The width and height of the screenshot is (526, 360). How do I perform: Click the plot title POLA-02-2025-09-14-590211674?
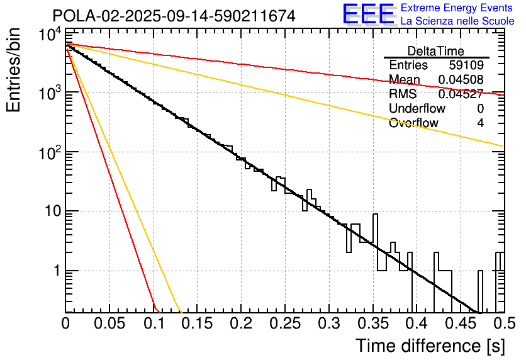tap(174, 16)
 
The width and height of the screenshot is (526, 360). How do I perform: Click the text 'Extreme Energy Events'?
tap(457, 8)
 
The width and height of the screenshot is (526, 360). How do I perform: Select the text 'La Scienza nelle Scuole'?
tap(457, 21)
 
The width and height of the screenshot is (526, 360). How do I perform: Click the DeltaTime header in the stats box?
tap(436, 51)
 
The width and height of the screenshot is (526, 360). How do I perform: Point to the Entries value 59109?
tap(466, 65)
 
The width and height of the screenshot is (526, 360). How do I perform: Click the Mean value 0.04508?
tap(461, 79)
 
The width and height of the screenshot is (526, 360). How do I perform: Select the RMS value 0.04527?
tap(461, 94)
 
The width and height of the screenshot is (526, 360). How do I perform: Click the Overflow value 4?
tap(480, 123)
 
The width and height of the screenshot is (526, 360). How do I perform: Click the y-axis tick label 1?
tap(55, 271)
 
